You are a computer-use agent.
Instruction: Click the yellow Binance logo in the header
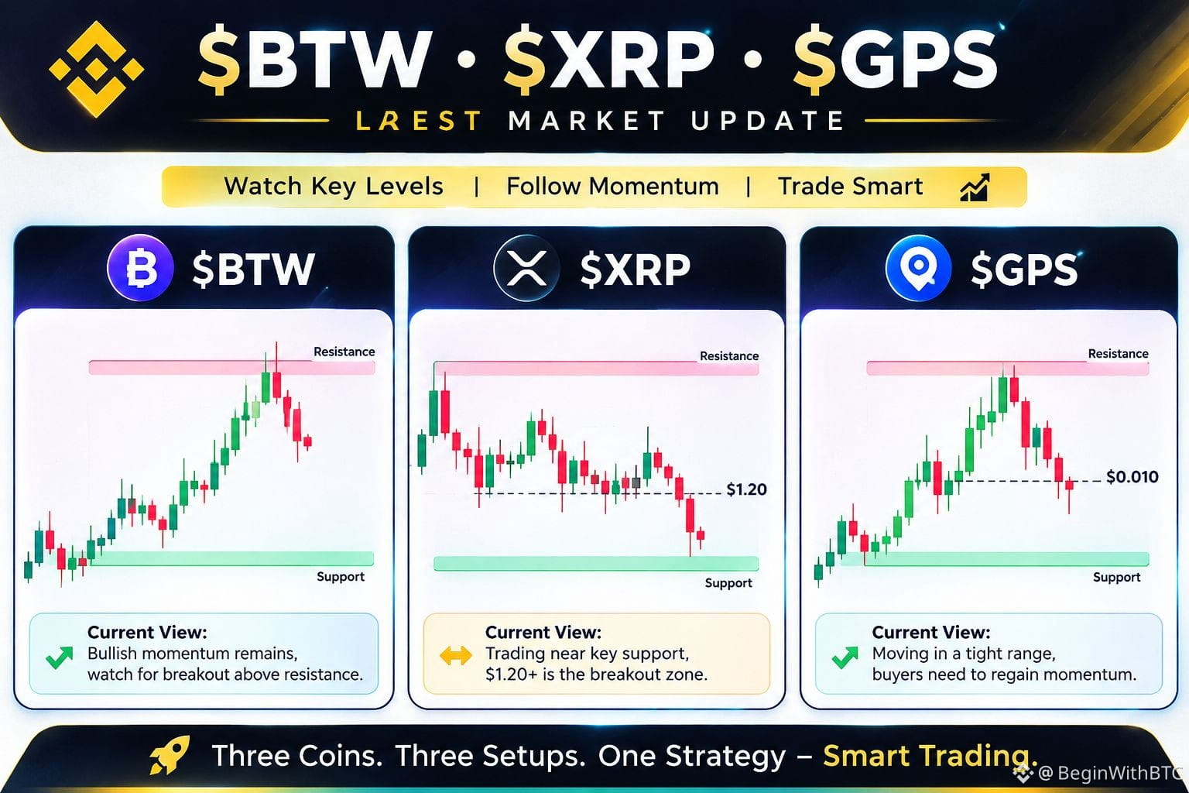[x=96, y=69]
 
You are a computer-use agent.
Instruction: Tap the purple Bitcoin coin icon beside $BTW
[x=140, y=268]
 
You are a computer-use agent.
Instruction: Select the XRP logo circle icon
[x=526, y=268]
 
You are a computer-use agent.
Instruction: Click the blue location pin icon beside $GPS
[x=918, y=268]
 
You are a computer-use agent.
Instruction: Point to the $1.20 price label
[x=746, y=489]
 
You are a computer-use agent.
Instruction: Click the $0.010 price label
[x=1132, y=476]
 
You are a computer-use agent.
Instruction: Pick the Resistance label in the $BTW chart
[x=344, y=352]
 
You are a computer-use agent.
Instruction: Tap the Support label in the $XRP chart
[x=728, y=582]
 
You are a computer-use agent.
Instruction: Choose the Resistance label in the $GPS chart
[x=1118, y=354]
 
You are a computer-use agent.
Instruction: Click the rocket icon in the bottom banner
[x=170, y=754]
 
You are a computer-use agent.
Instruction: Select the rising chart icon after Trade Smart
[x=975, y=187]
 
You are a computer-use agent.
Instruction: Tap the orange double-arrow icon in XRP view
[x=455, y=655]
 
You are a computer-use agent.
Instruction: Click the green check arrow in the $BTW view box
[x=60, y=657]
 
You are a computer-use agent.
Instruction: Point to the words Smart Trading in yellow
[x=930, y=755]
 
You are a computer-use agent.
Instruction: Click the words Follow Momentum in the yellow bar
[x=612, y=187]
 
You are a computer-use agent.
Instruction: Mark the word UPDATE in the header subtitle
[x=768, y=121]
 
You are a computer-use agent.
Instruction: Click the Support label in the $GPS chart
[x=1116, y=577]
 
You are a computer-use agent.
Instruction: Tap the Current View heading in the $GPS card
[x=931, y=632]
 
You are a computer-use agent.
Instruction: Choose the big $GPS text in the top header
[x=896, y=60]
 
